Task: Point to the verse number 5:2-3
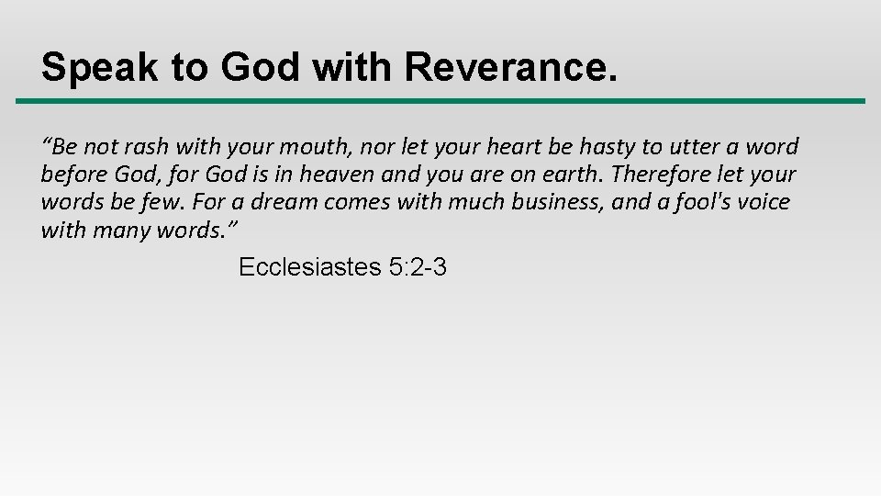418,267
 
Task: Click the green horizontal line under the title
440,101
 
